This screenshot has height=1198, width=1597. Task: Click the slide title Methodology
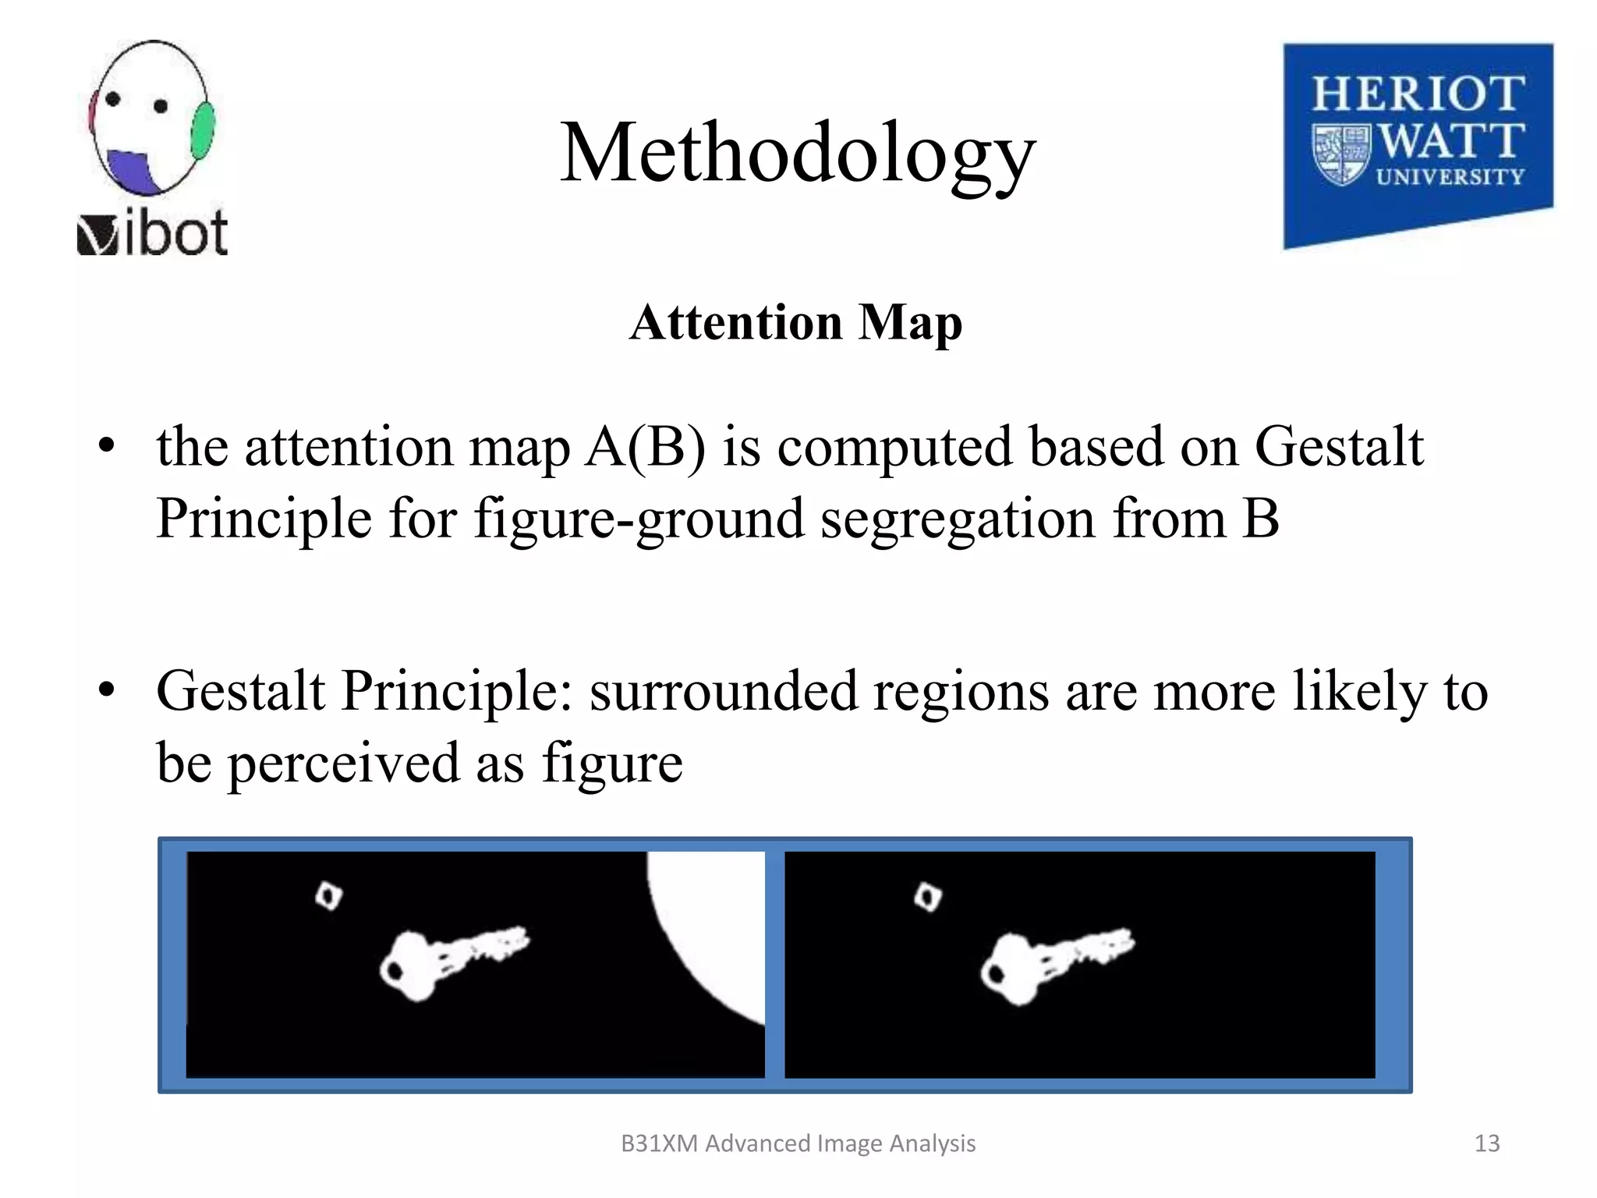pyautogui.click(x=798, y=154)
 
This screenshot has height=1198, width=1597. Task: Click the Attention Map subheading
pyautogui.click(x=796, y=322)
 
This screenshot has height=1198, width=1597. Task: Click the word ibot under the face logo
pyautogui.click(x=175, y=233)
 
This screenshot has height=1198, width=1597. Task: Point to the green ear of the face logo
pyautogui.click(x=203, y=130)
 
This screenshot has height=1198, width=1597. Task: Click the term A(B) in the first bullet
pyautogui.click(x=646, y=447)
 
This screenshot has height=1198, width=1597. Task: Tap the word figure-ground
pyautogui.click(x=639, y=519)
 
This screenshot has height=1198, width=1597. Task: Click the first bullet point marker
pyautogui.click(x=107, y=447)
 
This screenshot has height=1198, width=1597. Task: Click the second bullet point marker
pyautogui.click(x=107, y=690)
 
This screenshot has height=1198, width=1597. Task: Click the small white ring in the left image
pyautogui.click(x=328, y=896)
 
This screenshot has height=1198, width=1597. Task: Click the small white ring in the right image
pyautogui.click(x=928, y=897)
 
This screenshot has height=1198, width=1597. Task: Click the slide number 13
pyautogui.click(x=1486, y=1143)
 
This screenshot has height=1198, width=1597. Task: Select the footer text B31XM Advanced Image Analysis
pyautogui.click(x=798, y=1143)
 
